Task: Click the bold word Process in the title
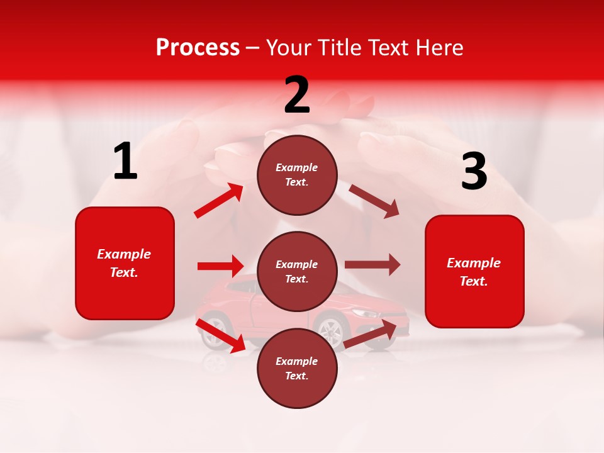coord(198,47)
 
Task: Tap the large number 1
coord(125,161)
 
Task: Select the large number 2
coord(297,95)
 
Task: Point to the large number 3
coord(474,172)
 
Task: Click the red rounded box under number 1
coord(125,263)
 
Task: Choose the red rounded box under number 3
coord(474,271)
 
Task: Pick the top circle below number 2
coord(297,175)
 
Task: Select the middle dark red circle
coord(297,271)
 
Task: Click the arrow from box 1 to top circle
coord(219,201)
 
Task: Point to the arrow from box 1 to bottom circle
coord(220,335)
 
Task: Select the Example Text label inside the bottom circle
coord(297,368)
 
